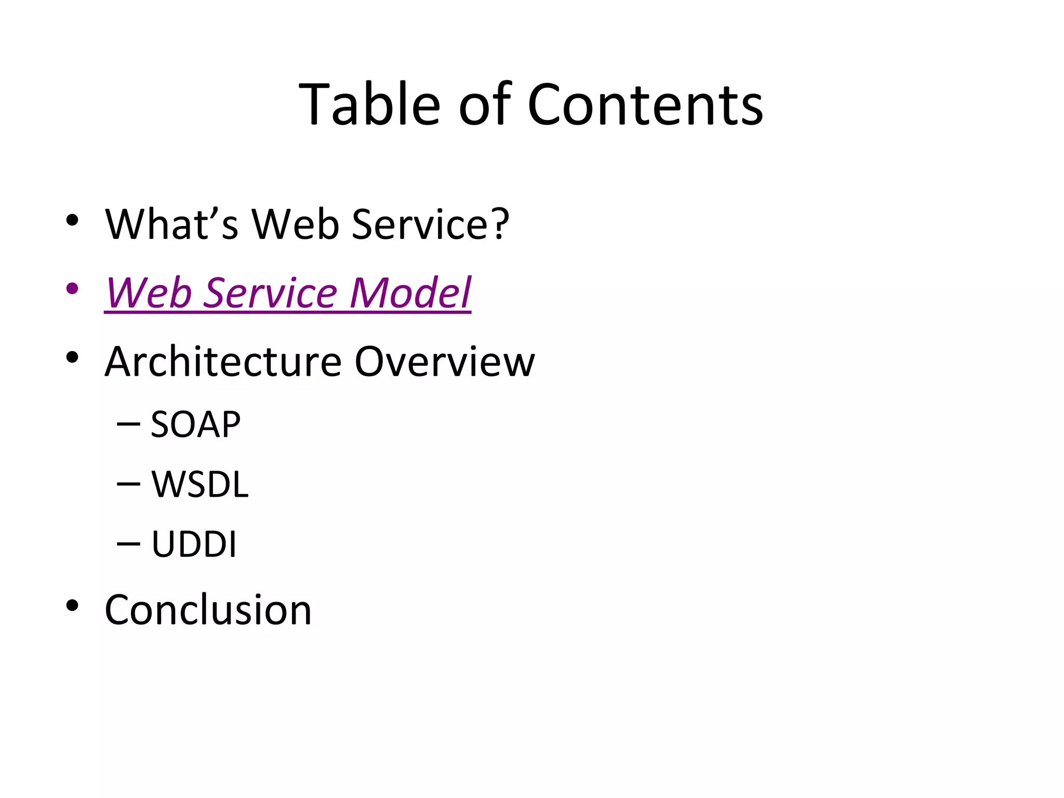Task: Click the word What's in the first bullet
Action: pyautogui.click(x=172, y=224)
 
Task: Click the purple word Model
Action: pyautogui.click(x=410, y=293)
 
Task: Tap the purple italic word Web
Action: pyautogui.click(x=149, y=293)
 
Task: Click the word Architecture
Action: pyautogui.click(x=223, y=362)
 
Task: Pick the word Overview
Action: pyautogui.click(x=444, y=362)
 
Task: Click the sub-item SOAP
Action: pyautogui.click(x=195, y=424)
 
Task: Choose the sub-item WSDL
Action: pyautogui.click(x=200, y=485)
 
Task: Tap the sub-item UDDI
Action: pyautogui.click(x=194, y=544)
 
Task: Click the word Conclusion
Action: pyautogui.click(x=208, y=609)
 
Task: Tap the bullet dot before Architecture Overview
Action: pyautogui.click(x=72, y=357)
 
